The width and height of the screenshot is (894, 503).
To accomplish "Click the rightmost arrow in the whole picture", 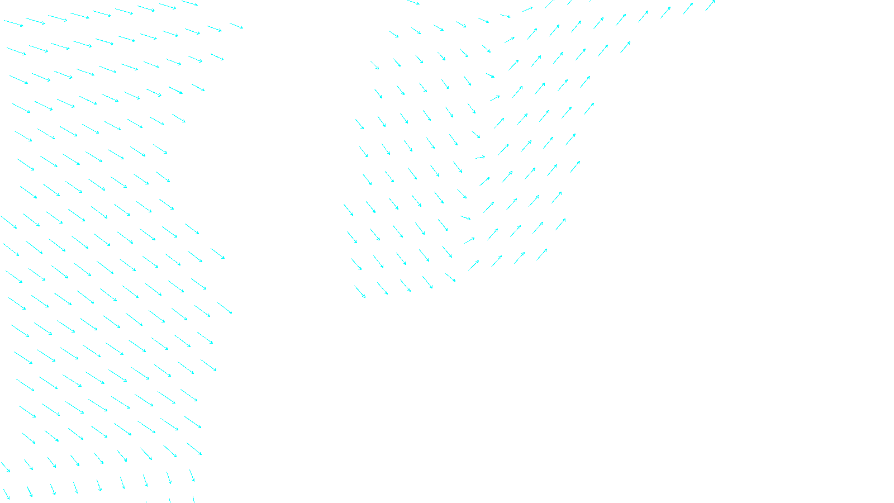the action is click(x=710, y=6).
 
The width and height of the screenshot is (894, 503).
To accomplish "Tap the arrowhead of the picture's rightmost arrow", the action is click(x=715, y=1).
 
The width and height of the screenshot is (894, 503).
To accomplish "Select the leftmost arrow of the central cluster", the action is click(x=349, y=210).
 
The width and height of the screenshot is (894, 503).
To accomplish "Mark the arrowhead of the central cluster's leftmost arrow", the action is click(x=353, y=216).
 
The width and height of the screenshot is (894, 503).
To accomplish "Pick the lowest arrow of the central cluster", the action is click(x=360, y=292).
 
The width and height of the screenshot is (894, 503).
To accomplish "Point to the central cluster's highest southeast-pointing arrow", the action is click(x=413, y=3).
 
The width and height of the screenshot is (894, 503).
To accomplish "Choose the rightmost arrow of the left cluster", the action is click(x=236, y=26).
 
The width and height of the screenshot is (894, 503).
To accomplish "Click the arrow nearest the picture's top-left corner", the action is click(x=14, y=23).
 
